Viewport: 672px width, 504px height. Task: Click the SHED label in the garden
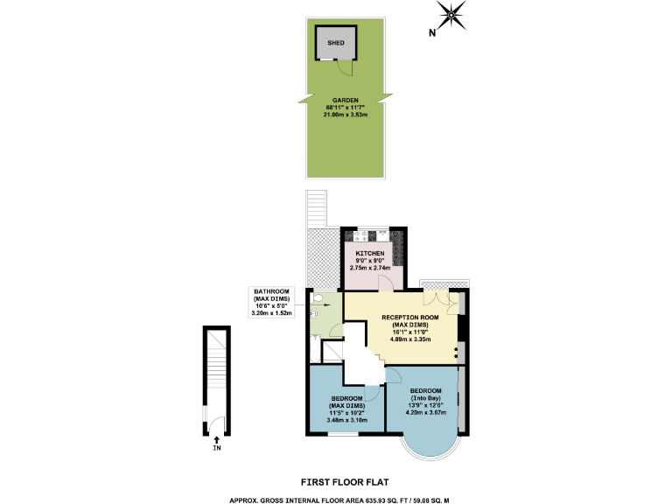pos(335,42)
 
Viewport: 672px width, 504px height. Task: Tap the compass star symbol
pos(451,13)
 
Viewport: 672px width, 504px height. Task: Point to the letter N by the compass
pos(432,33)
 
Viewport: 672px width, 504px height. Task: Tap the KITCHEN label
pos(369,253)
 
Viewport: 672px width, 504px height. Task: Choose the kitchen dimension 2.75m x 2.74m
pos(369,267)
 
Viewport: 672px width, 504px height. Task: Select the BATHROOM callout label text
pos(271,290)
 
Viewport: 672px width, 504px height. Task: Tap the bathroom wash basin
pos(313,319)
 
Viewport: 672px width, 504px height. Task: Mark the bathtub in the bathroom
pos(314,350)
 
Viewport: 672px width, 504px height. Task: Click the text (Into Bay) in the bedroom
pos(427,398)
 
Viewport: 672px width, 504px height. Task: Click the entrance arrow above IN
pos(216,439)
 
